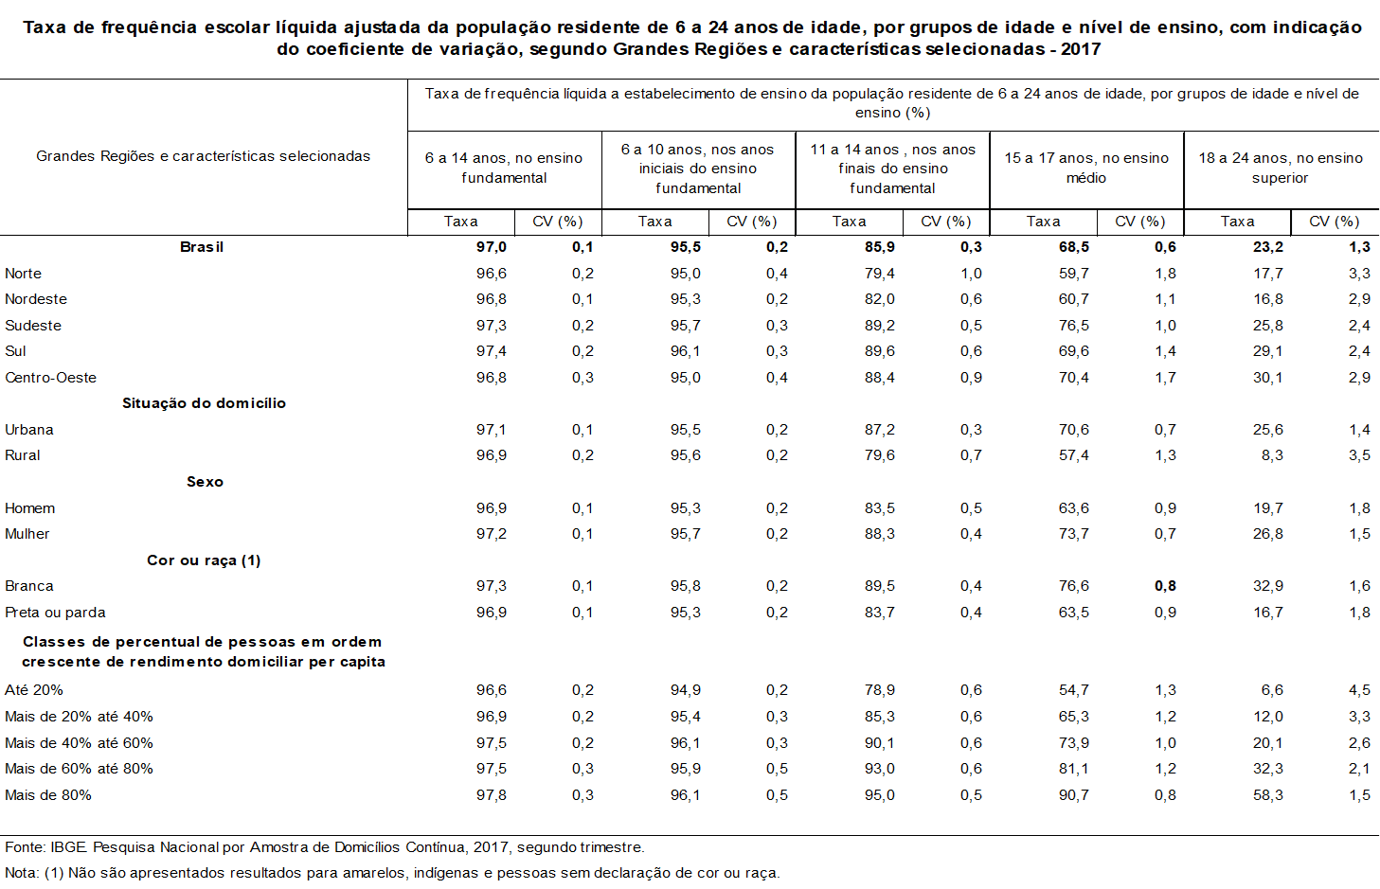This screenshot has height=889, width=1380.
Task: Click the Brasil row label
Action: (x=202, y=247)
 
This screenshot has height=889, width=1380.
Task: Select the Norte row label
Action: (x=23, y=274)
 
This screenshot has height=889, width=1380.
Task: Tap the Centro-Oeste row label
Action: (x=50, y=378)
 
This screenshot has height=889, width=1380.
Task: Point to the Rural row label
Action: (x=22, y=455)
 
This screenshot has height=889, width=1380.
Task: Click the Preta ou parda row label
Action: (x=55, y=613)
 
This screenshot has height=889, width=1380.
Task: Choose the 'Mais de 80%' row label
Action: (x=48, y=795)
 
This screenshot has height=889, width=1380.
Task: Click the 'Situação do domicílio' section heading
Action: (x=204, y=403)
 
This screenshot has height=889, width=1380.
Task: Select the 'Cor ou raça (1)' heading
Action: (x=204, y=560)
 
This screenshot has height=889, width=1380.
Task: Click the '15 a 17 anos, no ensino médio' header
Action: (x=1086, y=169)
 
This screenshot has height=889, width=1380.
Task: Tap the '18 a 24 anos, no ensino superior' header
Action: (x=1281, y=169)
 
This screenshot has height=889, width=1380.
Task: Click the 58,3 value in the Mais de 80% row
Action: (x=1268, y=795)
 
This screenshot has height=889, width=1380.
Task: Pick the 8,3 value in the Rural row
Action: (x=1272, y=455)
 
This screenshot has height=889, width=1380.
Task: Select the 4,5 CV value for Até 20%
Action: (x=1359, y=690)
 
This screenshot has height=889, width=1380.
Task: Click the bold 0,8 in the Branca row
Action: (x=1165, y=586)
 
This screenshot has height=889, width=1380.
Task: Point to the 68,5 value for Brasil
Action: (x=1074, y=247)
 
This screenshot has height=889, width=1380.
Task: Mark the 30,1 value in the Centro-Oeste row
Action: (x=1268, y=378)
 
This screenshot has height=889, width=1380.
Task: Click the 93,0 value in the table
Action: (x=880, y=769)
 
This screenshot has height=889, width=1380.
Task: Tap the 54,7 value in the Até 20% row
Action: (x=1074, y=690)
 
